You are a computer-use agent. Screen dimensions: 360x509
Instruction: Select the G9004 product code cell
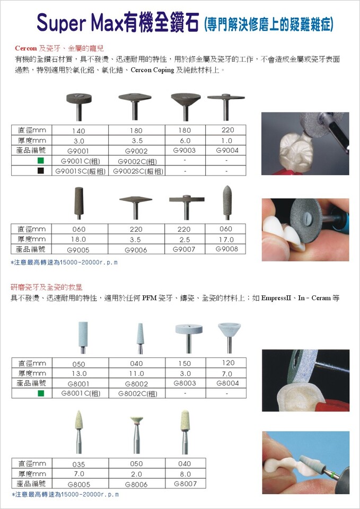tap(227, 150)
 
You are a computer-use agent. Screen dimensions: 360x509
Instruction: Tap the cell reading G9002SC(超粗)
tap(138, 171)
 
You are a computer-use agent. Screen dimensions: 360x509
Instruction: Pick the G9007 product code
tap(184, 249)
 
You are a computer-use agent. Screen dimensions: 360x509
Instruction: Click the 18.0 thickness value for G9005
tap(78, 239)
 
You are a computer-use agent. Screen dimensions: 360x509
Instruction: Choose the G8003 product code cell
tap(185, 383)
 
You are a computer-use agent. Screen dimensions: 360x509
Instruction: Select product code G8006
tap(136, 484)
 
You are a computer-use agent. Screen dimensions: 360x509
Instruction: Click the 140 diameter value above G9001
tap(78, 131)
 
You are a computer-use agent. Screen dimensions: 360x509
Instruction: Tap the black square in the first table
tap(41, 171)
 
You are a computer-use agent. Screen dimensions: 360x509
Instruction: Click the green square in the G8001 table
tap(41, 393)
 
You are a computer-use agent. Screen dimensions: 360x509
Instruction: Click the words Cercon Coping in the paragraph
tap(152, 70)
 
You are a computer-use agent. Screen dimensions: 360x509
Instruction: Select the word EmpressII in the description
tap(276, 298)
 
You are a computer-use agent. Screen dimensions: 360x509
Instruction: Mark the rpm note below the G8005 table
tap(65, 494)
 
